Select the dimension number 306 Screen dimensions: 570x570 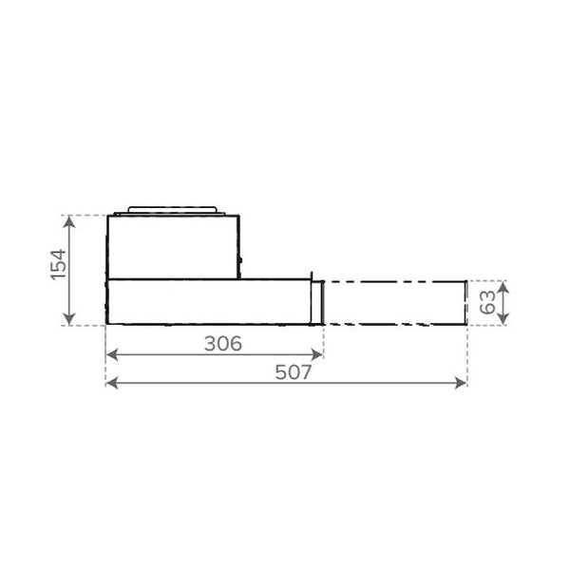[x=223, y=343]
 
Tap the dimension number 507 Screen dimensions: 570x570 [x=294, y=372]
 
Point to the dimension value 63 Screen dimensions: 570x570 [x=486, y=303]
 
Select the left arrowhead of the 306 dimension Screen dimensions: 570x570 [x=109, y=354]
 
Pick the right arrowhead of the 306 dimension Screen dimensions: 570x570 [x=318, y=354]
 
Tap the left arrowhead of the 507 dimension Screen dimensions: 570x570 [x=109, y=383]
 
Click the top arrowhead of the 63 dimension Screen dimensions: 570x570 [x=504, y=284]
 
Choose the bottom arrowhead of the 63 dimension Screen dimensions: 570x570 [x=504, y=322]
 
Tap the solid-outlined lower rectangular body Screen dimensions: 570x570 [x=209, y=303]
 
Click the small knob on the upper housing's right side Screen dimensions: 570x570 [x=240, y=260]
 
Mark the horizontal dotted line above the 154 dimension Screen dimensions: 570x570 [x=85, y=215]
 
